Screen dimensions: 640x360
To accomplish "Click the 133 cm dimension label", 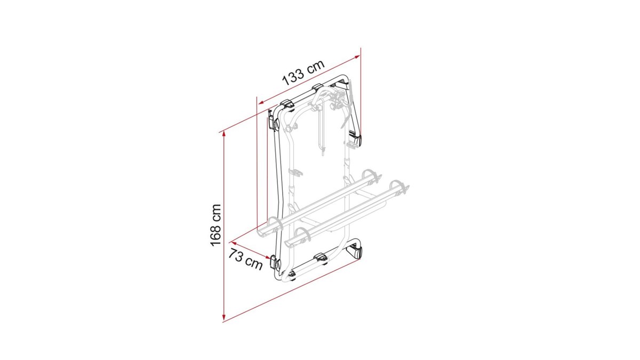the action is (303, 73).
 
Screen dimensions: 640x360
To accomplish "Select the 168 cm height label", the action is (215, 225).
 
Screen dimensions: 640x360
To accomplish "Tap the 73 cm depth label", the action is (245, 259).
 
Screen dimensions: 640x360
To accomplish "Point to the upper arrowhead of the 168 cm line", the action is (224, 134).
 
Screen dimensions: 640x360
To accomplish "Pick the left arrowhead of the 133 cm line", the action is (261, 102).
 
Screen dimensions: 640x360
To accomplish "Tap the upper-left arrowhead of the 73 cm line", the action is (234, 243).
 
